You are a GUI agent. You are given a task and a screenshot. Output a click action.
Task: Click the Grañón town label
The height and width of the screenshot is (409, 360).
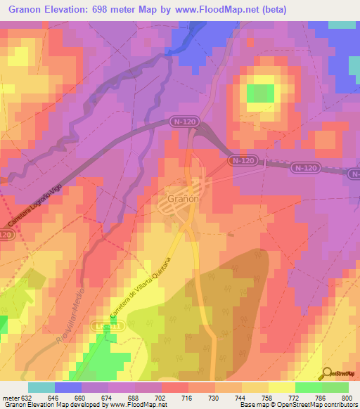click(x=184, y=199)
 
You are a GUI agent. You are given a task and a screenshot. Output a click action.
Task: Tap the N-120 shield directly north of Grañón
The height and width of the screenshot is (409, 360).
click(x=183, y=122)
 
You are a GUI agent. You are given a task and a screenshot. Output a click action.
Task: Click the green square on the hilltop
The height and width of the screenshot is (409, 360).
click(x=261, y=93)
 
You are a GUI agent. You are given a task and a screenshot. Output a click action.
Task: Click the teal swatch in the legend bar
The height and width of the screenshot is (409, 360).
click(x=41, y=387)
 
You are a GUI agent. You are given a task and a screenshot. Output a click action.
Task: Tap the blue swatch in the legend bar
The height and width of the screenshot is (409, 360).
click(x=67, y=387)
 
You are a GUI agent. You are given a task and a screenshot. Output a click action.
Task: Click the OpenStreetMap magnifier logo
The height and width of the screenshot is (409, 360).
click(x=328, y=372)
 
